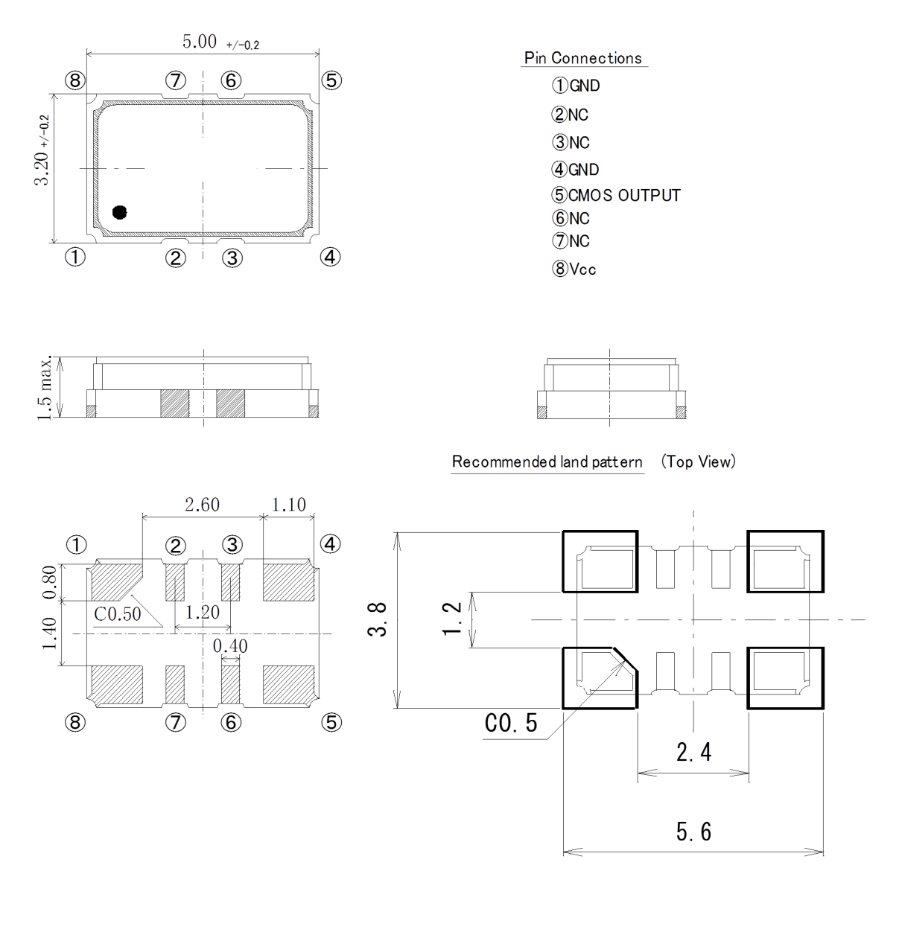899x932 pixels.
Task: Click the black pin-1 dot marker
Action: [x=119, y=213]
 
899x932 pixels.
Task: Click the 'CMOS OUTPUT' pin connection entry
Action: [x=624, y=196]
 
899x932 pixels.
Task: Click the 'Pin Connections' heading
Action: [x=583, y=58]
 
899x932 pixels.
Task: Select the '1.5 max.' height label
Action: [x=45, y=387]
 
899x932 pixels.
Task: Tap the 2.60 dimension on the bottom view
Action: [x=202, y=505]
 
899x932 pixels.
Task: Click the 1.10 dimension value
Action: [x=288, y=505]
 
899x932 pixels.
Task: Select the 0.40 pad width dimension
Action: [x=230, y=646]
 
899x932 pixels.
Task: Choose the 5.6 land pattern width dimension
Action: [x=693, y=832]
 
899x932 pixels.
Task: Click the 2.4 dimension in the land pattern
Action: [x=693, y=753]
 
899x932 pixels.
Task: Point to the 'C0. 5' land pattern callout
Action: [x=511, y=723]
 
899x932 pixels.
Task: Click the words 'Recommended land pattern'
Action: [x=547, y=462]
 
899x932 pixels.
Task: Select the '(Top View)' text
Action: [x=698, y=462]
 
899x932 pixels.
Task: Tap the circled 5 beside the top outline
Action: [x=331, y=80]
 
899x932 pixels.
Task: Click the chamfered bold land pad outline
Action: [x=600, y=677]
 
